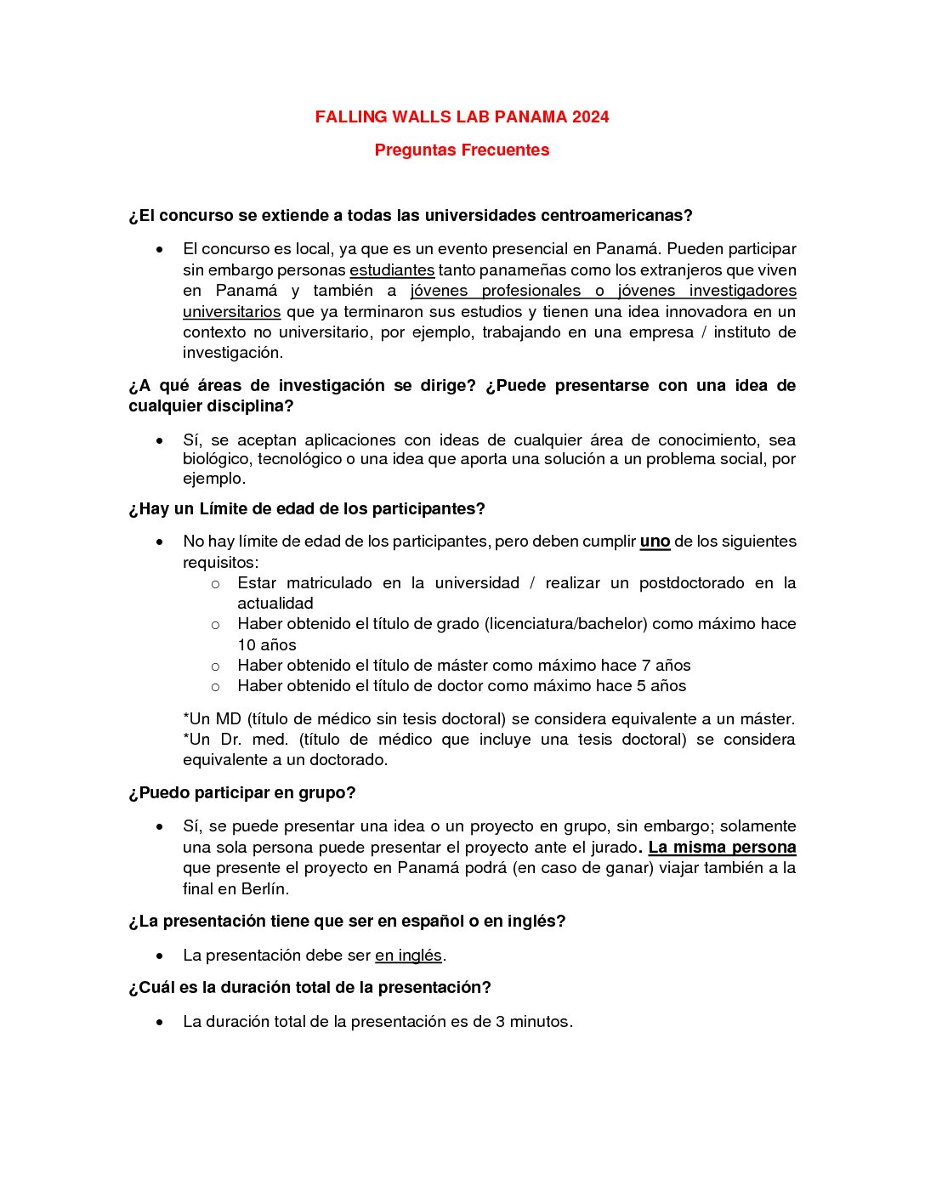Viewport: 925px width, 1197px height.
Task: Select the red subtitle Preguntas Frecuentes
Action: tap(462, 150)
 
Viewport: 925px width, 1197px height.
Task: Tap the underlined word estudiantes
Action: tap(392, 270)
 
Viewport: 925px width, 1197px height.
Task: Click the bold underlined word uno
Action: tap(655, 542)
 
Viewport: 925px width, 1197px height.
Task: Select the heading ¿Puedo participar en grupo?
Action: tap(242, 793)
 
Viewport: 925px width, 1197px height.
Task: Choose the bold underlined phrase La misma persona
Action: tap(722, 848)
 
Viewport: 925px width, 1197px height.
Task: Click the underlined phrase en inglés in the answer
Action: tap(408, 956)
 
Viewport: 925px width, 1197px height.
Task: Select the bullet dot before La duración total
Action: tap(160, 1022)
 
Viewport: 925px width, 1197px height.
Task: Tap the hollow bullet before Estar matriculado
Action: tap(215, 584)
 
